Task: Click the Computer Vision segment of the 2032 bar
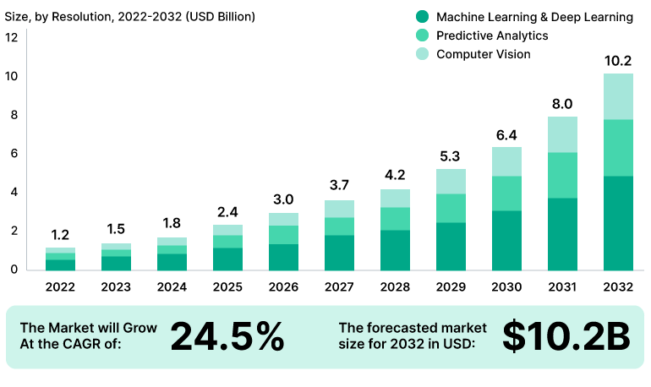[618, 96]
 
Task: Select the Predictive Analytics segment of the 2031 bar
[562, 175]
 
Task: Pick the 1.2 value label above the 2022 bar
[61, 234]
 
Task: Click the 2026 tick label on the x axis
[284, 286]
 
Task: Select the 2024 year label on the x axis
[172, 286]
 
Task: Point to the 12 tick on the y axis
[11, 37]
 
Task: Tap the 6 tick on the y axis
[11, 154]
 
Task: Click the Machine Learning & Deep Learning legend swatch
[423, 17]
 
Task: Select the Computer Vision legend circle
[423, 54]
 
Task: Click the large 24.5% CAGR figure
[227, 336]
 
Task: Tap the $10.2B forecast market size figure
[566, 336]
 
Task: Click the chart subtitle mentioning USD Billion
[130, 16]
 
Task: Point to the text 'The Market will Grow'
[88, 328]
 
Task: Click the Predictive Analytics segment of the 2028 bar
[396, 218]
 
